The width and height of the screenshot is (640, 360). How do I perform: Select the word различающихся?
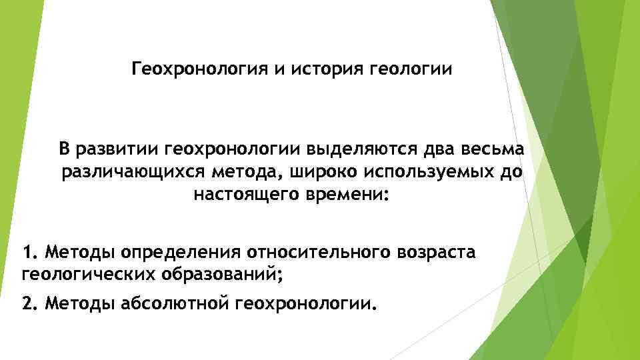click(133, 173)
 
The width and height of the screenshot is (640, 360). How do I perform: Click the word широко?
click(325, 173)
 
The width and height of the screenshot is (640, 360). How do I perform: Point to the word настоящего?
click(251, 197)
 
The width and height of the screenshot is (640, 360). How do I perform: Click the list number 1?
click(28, 253)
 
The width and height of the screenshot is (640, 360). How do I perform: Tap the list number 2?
click(28, 304)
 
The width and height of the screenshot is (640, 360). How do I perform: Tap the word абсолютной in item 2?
click(175, 304)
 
